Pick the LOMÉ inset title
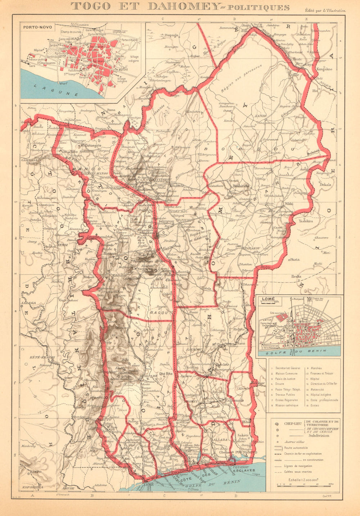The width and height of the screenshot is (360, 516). tap(268, 299)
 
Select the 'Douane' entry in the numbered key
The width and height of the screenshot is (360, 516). tap(280, 384)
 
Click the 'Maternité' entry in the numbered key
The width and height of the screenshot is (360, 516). tap(318, 389)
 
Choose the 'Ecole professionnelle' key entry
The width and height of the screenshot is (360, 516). tap(325, 400)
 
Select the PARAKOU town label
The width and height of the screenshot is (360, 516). tap(252, 248)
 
